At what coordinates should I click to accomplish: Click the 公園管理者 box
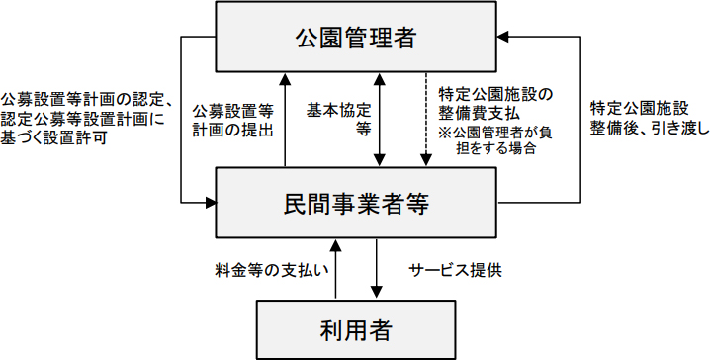[x=355, y=39]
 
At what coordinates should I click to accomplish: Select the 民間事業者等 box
[x=355, y=204]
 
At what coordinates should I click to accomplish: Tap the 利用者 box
[x=355, y=328]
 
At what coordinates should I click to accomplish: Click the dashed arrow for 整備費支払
[x=426, y=119]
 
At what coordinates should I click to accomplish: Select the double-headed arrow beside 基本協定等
[x=380, y=119]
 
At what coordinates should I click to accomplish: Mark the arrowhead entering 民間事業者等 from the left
[x=211, y=203]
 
